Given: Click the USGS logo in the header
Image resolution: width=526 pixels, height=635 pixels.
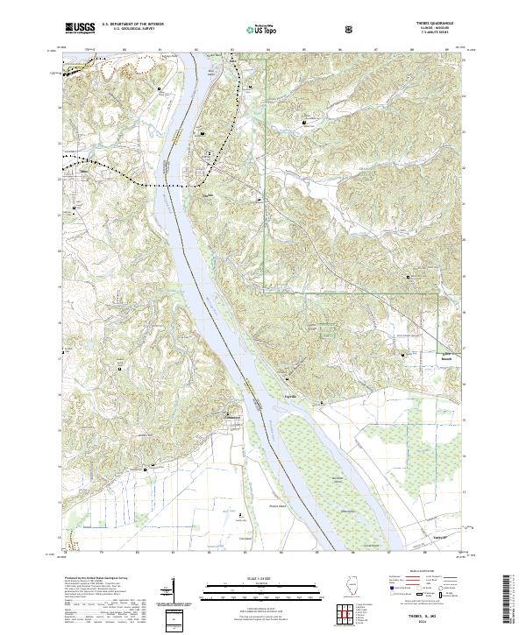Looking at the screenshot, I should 81,28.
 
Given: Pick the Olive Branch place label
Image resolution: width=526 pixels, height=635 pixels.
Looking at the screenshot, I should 447,357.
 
